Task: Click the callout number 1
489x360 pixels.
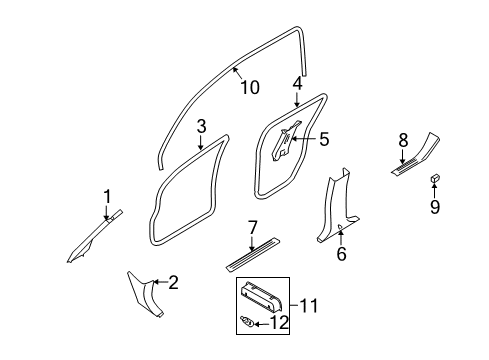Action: point(107,196)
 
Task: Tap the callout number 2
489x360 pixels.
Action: point(173,283)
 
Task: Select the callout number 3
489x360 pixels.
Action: point(201,127)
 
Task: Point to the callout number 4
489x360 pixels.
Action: point(297,84)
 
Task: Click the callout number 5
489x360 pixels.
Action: point(323,140)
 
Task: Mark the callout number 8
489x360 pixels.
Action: point(404,141)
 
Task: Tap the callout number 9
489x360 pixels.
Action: point(436,208)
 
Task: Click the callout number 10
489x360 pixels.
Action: point(249,88)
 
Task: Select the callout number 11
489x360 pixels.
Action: point(308,303)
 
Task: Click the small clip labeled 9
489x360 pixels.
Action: point(436,178)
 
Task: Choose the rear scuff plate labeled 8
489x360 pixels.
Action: point(419,155)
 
